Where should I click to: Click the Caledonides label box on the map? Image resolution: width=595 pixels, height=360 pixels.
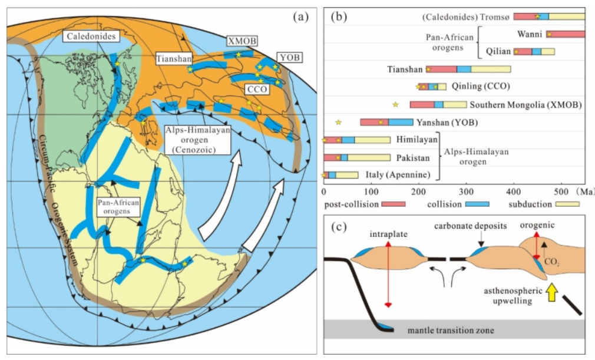pos(91,37)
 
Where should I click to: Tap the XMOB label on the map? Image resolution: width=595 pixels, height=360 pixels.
pos(242,41)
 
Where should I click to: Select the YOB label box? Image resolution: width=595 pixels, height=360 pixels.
pos(290,58)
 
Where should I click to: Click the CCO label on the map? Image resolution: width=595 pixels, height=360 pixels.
pos(257,90)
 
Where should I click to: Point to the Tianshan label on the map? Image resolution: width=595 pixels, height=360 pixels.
pos(174,59)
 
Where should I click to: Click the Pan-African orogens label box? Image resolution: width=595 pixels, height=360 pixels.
pos(118,207)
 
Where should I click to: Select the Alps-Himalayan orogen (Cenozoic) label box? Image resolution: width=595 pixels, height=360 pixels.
pos(198,140)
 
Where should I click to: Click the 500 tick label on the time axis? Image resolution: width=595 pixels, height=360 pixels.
pos(561,191)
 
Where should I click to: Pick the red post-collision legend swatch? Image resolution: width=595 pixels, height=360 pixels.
pos(393,204)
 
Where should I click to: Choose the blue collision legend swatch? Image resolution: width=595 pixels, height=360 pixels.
pos(477,204)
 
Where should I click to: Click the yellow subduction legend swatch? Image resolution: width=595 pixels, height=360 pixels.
pos(567,204)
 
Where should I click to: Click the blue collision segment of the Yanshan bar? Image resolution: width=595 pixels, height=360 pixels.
pos(401,122)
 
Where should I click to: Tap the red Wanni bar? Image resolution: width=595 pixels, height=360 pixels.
pos(566,34)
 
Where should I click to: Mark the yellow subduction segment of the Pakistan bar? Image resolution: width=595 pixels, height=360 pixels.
pos(369,157)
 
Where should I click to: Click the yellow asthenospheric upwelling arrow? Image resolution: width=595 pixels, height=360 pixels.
pos(552,292)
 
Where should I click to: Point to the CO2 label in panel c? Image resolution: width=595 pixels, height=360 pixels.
pos(552,262)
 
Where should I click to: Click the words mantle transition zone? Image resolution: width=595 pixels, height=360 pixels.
pos(451,331)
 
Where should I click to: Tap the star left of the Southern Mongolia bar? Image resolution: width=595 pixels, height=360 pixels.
pos(395,104)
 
